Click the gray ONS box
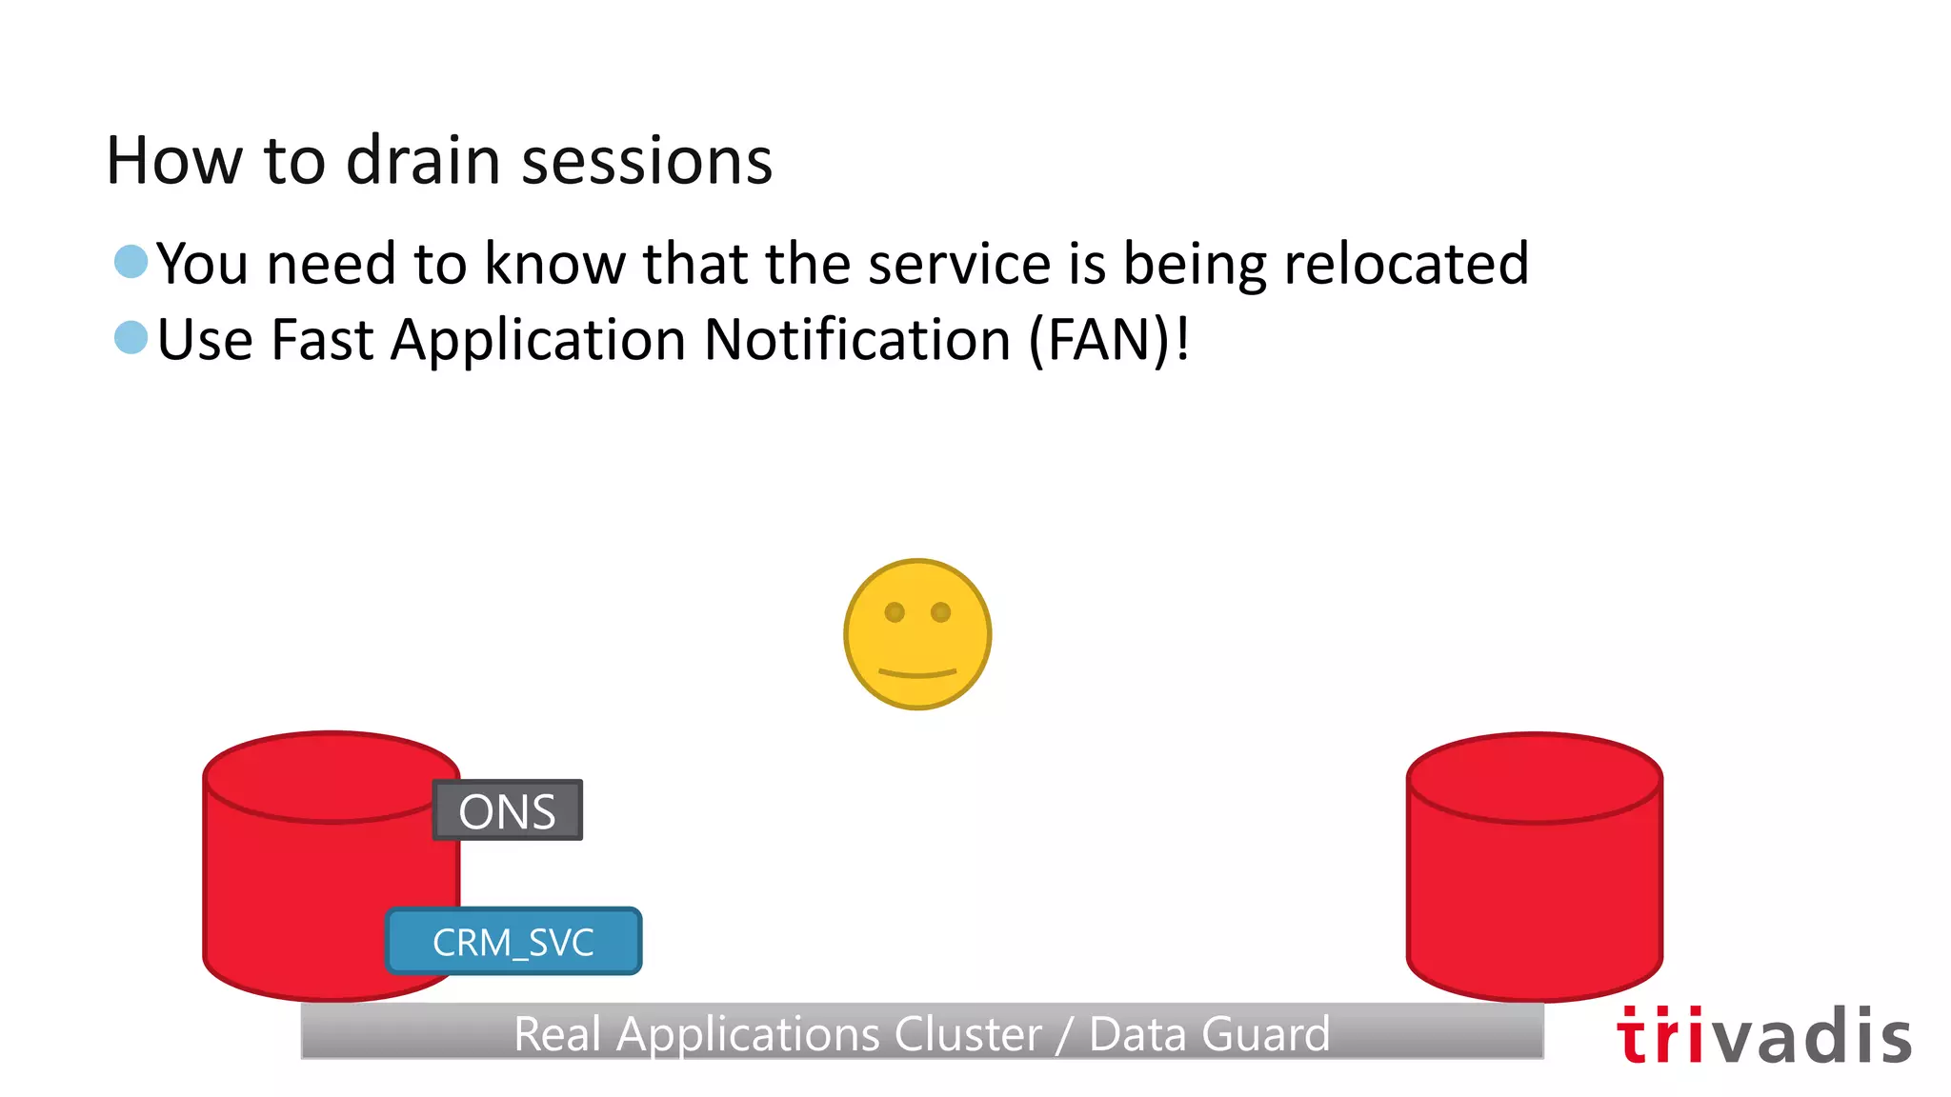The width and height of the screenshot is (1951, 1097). click(x=507, y=810)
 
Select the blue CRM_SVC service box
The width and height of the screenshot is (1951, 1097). click(x=513, y=942)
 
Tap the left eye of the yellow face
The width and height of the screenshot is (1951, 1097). click(x=895, y=612)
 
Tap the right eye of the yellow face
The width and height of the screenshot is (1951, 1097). click(x=941, y=611)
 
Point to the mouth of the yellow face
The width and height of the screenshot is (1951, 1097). click(x=917, y=673)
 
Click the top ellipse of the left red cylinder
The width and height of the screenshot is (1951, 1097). click(x=331, y=776)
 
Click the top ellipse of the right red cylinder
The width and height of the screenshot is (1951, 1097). click(x=1535, y=777)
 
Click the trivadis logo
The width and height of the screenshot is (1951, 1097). click(x=1763, y=1036)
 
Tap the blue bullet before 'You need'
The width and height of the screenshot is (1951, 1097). click(x=131, y=261)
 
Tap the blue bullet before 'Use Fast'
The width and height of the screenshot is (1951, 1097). click(x=131, y=337)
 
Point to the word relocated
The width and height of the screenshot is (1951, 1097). click(x=1406, y=263)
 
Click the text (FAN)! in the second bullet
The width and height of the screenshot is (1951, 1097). click(x=1109, y=339)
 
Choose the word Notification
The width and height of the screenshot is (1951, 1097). click(x=857, y=339)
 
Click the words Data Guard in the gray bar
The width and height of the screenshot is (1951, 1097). click(x=1209, y=1034)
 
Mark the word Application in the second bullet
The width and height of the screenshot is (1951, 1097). click(x=538, y=341)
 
